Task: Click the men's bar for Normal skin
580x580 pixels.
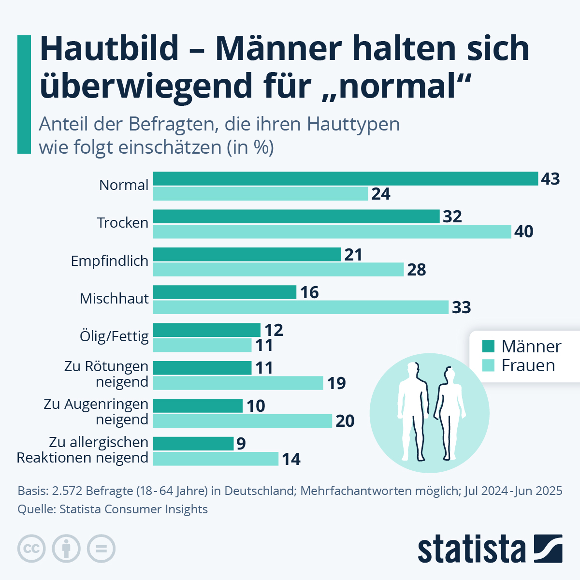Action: (x=345, y=178)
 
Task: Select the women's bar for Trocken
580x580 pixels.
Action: (x=332, y=232)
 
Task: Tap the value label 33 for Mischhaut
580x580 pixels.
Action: (x=461, y=307)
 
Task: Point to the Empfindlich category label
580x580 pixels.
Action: (x=110, y=261)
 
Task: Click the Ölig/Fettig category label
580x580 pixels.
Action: (x=114, y=336)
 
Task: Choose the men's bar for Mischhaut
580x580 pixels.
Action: (x=224, y=292)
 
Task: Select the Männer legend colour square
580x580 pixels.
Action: (x=489, y=346)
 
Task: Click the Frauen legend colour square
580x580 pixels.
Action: (x=489, y=365)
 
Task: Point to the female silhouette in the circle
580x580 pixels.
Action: (x=449, y=413)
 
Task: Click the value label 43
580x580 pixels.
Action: (x=550, y=179)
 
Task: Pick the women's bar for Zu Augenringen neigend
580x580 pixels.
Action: (x=242, y=420)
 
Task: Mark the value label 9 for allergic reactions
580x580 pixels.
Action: (x=241, y=444)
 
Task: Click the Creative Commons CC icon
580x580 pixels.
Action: (x=31, y=549)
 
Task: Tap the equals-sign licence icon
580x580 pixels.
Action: (x=101, y=549)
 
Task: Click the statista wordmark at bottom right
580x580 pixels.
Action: (x=471, y=549)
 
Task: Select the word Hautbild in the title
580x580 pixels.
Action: (x=109, y=48)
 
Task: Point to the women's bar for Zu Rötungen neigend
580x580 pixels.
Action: (x=238, y=383)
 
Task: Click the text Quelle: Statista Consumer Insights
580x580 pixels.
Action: (x=113, y=509)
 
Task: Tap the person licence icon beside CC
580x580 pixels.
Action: (x=66, y=549)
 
